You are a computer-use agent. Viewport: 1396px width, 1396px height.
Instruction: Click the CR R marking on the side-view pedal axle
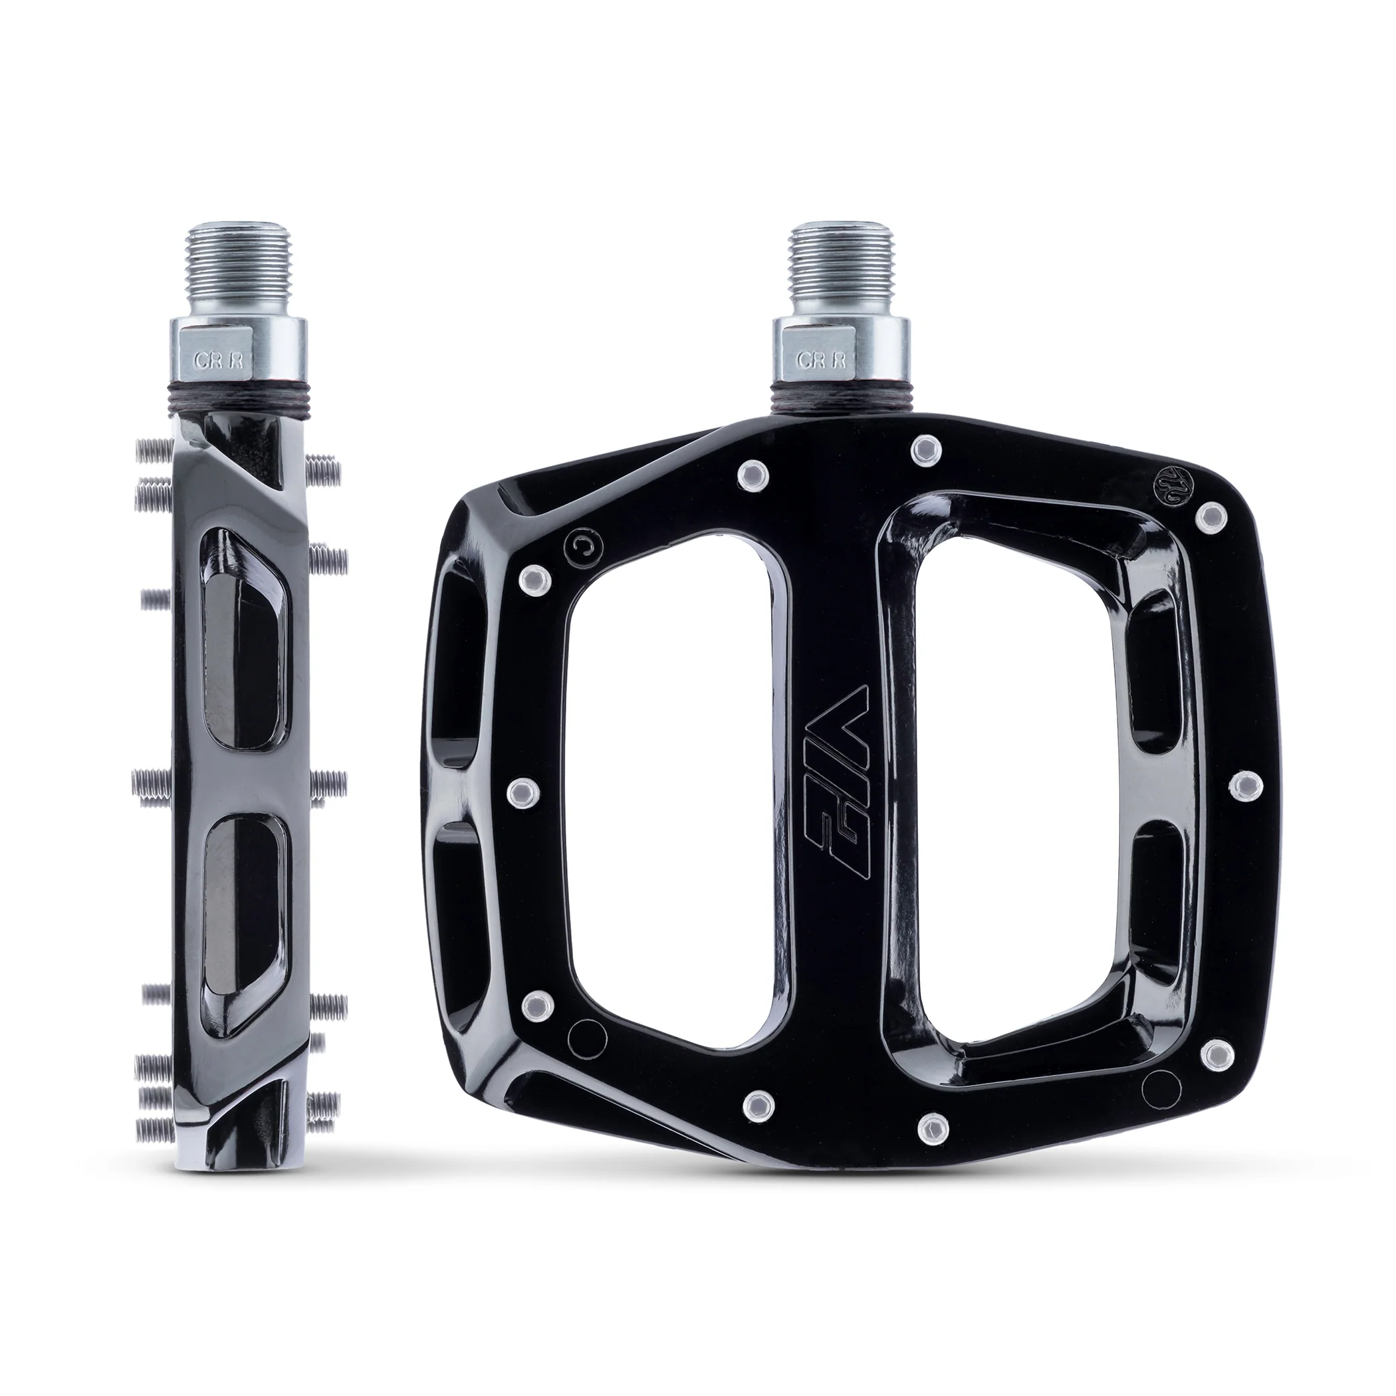click(x=221, y=360)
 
